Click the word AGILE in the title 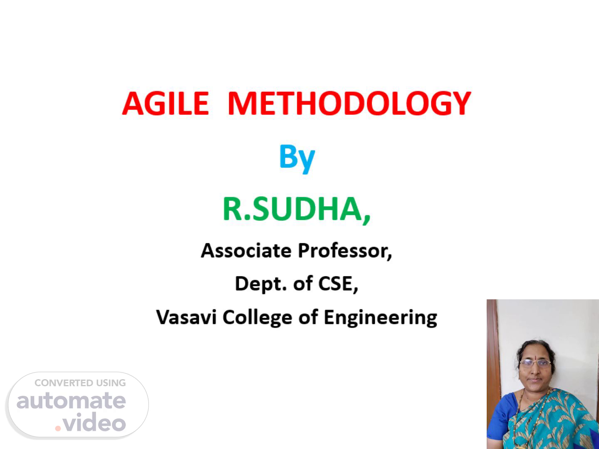click(166, 104)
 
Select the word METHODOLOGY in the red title click(349, 104)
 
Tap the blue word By click(297, 159)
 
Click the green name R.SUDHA click(297, 209)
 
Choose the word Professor click(345, 251)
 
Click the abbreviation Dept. click(261, 284)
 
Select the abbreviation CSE click(338, 284)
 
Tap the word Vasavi click(186, 317)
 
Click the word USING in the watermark click(111, 383)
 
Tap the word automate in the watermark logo click(71, 401)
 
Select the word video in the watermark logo click(94, 422)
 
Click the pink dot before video click(58, 429)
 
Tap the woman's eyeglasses click(535, 363)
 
